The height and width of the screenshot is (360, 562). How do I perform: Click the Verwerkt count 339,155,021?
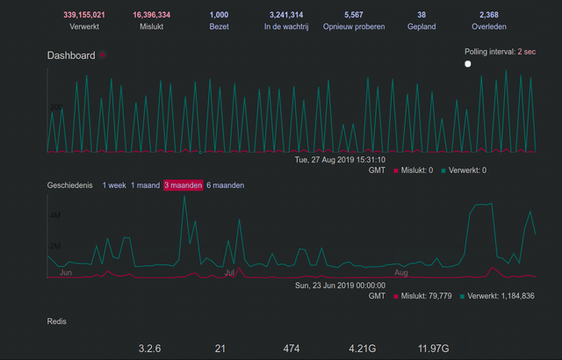[84, 15]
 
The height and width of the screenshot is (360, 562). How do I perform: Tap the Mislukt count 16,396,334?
[152, 15]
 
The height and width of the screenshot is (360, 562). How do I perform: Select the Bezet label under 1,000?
[219, 27]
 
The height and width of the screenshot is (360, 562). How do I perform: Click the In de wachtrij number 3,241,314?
[284, 15]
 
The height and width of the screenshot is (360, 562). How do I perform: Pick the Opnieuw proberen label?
[354, 27]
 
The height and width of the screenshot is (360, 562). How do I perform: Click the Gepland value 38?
[421, 15]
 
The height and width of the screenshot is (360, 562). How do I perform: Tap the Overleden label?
[489, 27]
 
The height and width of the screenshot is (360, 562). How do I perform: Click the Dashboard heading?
[71, 55]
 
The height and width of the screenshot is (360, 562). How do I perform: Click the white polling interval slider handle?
[468, 64]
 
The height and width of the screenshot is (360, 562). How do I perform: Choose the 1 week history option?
[114, 185]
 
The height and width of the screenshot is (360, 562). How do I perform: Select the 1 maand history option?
[145, 185]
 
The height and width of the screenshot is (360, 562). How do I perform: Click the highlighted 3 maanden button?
[184, 185]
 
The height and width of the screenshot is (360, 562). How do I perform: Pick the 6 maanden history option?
[226, 185]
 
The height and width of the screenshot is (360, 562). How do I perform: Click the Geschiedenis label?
[69, 185]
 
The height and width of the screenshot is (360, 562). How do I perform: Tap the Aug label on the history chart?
[401, 273]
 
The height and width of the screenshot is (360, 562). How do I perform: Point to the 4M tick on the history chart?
[54, 215]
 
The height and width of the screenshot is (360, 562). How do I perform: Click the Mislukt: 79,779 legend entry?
[426, 296]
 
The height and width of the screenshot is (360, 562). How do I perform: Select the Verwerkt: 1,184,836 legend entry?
[501, 296]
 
